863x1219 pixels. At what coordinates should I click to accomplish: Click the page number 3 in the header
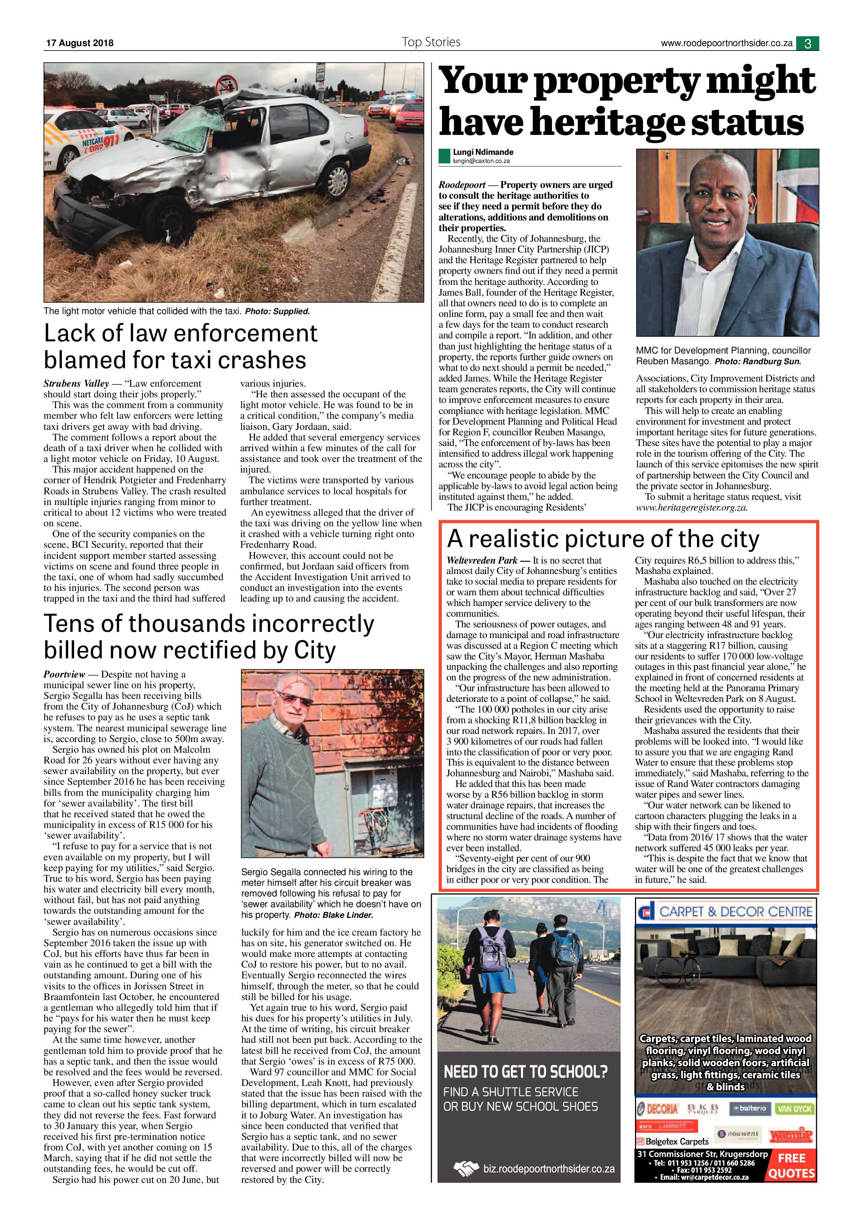tap(807, 43)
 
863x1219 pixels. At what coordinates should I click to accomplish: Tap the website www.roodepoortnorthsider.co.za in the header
tap(726, 43)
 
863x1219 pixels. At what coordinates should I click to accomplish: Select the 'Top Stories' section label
tap(431, 42)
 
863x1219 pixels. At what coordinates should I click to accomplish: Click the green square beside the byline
tap(444, 156)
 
